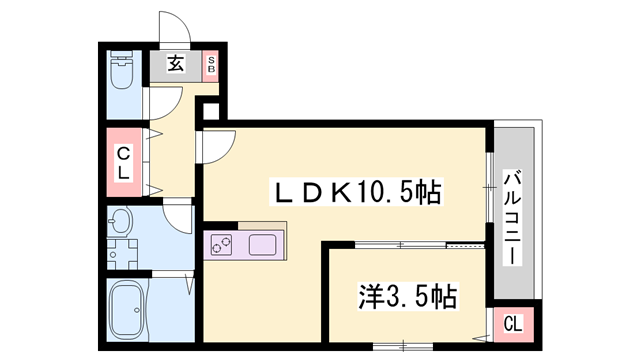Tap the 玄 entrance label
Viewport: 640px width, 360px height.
175,65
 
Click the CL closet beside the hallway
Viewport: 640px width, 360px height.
124,161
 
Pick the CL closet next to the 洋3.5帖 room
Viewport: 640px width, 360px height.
511,322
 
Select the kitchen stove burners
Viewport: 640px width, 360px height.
221,244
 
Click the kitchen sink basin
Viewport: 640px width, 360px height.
266,244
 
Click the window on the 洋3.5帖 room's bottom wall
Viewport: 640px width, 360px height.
401,346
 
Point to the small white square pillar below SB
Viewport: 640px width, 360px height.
210,110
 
